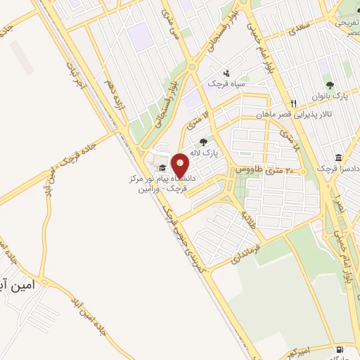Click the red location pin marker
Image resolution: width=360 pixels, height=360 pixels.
(181, 165)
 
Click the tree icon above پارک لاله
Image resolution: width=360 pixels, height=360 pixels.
(203, 143)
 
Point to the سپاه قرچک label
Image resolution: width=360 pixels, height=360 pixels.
(225, 84)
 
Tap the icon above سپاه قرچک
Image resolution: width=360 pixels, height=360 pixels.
(226, 72)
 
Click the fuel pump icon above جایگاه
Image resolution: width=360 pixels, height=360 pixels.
(340, 349)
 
